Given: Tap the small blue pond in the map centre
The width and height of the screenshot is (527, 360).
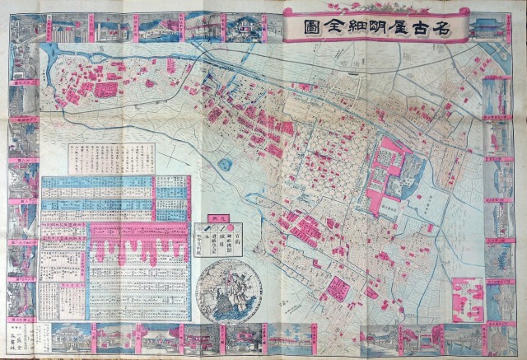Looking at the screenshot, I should click(x=225, y=164).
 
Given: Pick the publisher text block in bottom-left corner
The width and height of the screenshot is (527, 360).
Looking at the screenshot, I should click(x=18, y=337).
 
